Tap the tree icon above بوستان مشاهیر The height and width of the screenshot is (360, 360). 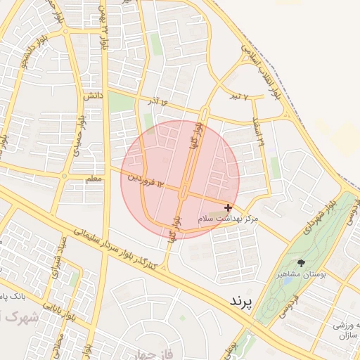pyautogui.click(x=302, y=263)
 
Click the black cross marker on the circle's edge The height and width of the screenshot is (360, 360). pyautogui.click(x=228, y=207)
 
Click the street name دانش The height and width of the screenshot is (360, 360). pyautogui.click(x=94, y=94)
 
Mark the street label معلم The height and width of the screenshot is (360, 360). pyautogui.click(x=94, y=180)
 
